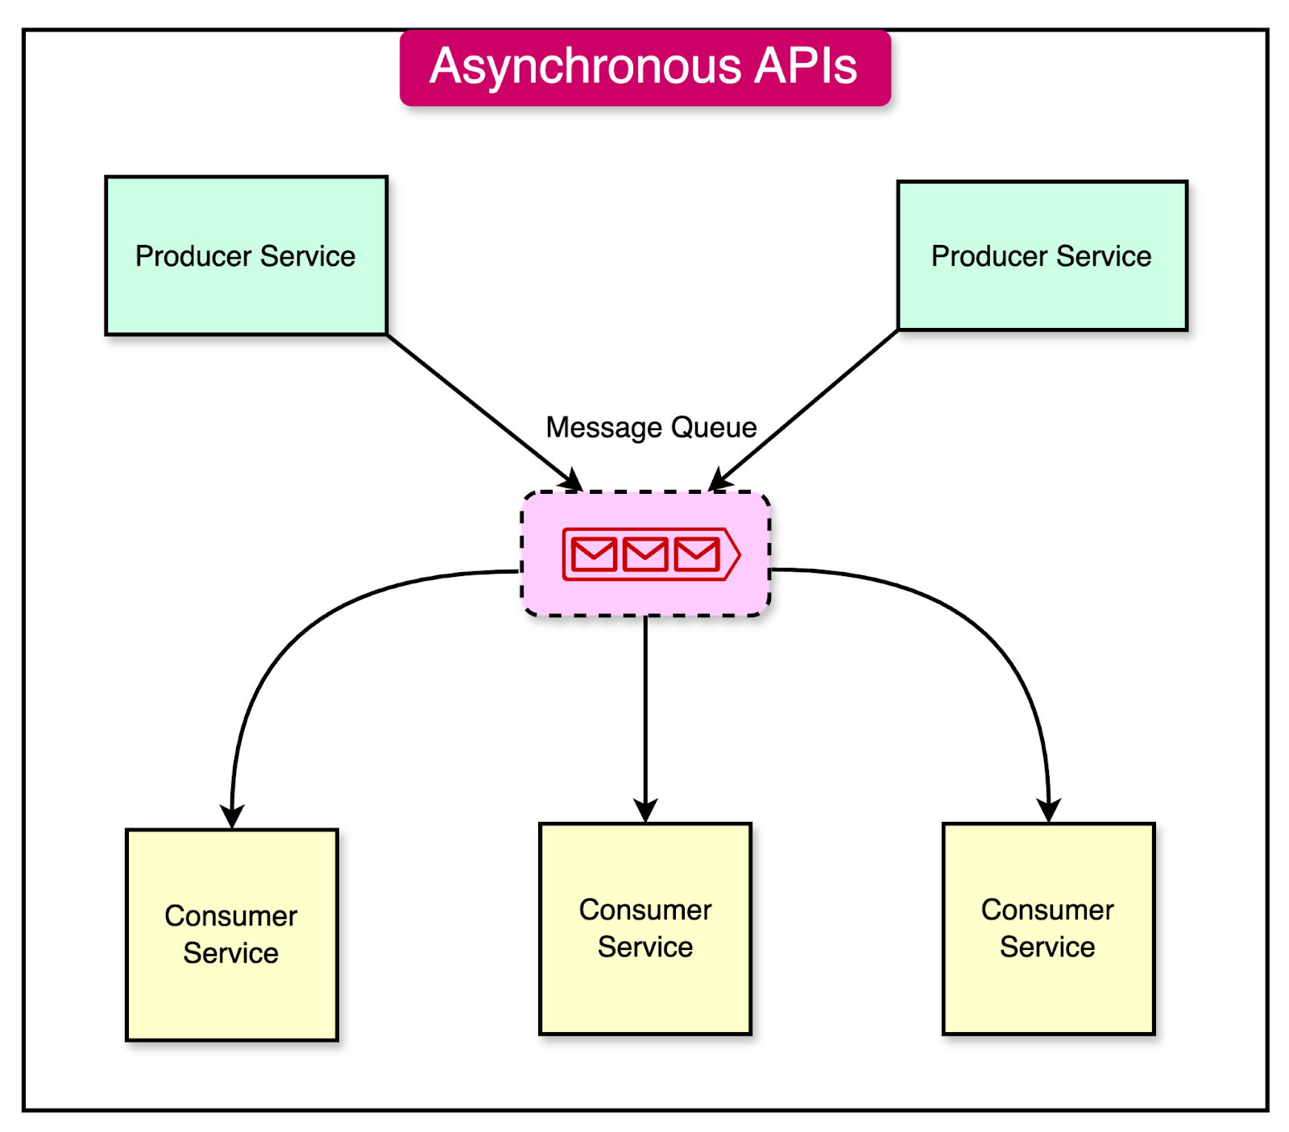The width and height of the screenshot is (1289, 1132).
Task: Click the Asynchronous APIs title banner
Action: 644,68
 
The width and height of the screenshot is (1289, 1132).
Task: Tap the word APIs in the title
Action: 805,66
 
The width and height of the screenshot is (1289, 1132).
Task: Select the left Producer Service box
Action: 246,255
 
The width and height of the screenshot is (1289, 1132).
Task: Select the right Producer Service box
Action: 1042,255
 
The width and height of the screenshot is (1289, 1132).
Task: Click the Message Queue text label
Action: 651,427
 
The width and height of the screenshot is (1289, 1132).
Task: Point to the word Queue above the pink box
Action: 714,427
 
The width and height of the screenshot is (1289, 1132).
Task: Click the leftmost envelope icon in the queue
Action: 594,554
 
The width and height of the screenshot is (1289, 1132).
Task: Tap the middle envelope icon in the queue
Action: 645,554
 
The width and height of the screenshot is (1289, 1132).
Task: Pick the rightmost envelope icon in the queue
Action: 696,554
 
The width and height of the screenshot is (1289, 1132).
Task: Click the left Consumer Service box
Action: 232,935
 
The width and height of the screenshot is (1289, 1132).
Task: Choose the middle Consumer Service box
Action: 645,928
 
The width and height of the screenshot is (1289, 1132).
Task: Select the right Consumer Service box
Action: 1048,928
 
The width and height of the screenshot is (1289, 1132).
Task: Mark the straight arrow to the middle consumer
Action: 645,709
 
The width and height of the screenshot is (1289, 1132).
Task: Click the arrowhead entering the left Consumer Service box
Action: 232,815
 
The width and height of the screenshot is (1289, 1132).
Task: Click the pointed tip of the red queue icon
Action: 736,554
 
